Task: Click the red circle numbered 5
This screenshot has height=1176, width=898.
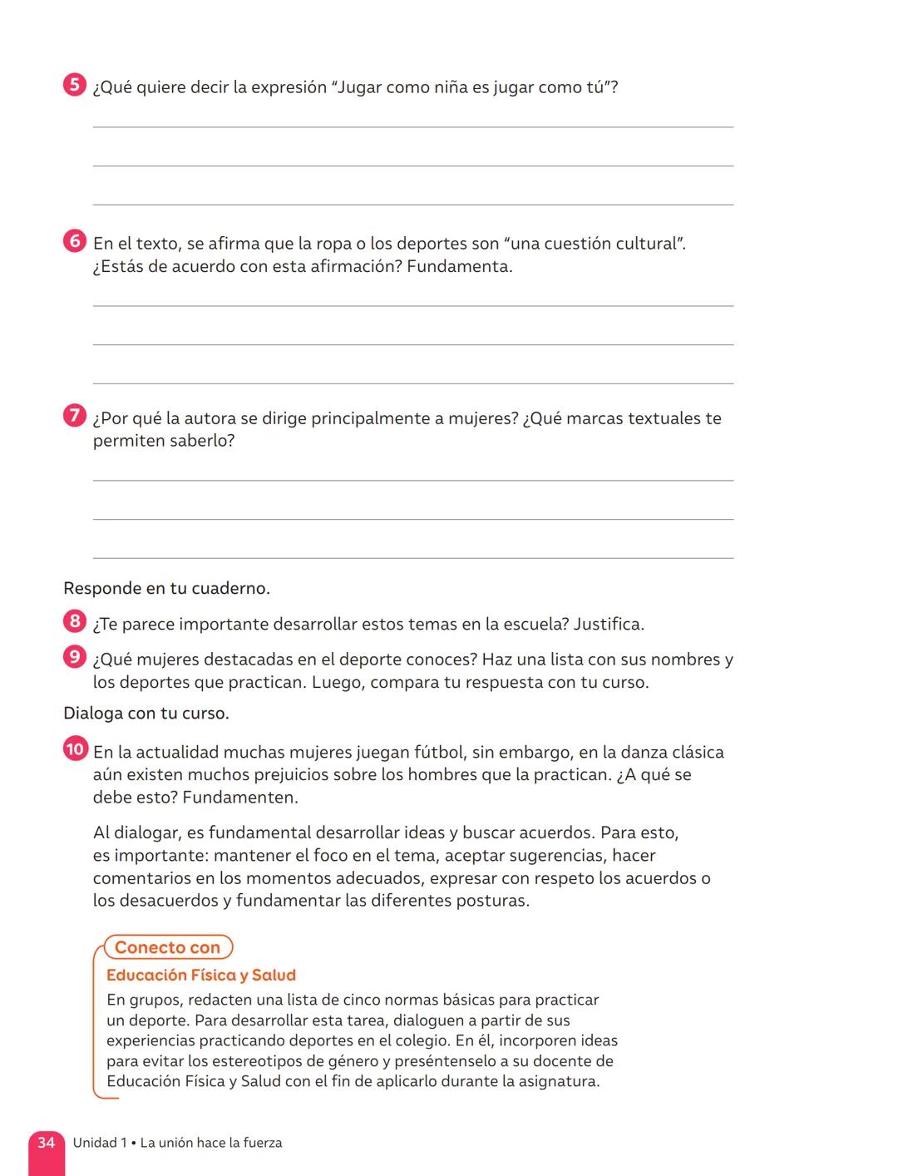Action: [75, 86]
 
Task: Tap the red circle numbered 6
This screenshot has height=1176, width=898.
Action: [75, 242]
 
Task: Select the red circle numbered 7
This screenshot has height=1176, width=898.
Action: [75, 416]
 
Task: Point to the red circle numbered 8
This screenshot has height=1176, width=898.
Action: [75, 621]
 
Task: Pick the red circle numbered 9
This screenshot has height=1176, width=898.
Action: [75, 657]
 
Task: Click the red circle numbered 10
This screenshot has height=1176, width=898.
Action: [75, 749]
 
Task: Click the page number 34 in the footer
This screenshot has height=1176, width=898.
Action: [47, 1143]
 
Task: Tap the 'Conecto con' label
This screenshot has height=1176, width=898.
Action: [167, 947]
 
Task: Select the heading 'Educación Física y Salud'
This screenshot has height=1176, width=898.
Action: [201, 975]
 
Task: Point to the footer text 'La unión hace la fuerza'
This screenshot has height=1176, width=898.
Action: [211, 1143]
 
